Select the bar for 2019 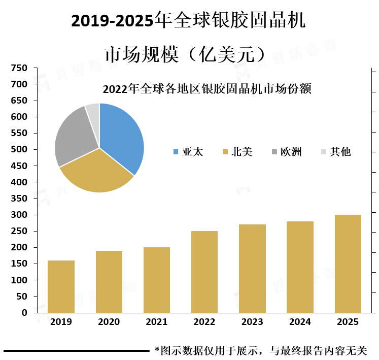61,286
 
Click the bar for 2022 204,272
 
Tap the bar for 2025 348,264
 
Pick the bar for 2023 252,269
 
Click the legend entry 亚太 188,151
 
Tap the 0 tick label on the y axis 24,313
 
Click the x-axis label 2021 156,322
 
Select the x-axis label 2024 300,322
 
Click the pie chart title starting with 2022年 206,89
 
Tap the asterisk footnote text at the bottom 261,350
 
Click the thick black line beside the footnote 77,350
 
